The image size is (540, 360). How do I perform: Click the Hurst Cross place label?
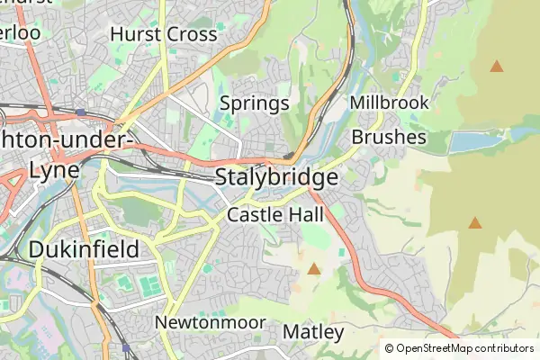coord(164,34)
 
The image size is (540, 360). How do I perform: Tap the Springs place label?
coord(255,103)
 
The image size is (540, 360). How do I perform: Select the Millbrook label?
coord(390,103)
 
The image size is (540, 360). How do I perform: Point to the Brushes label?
coord(389,137)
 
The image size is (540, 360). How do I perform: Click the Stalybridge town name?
coord(277,177)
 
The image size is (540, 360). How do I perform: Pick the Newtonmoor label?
coord(211,322)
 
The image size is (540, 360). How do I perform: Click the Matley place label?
coord(313,332)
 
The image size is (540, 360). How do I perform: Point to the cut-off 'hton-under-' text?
coord(67,141)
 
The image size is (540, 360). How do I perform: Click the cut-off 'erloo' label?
coord(20,32)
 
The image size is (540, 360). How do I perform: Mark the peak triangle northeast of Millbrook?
coord(496,66)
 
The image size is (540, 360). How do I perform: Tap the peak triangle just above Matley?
coord(314,268)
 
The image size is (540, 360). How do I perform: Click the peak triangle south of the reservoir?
coord(474,222)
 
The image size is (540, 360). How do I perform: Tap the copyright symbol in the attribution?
coord(389,348)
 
